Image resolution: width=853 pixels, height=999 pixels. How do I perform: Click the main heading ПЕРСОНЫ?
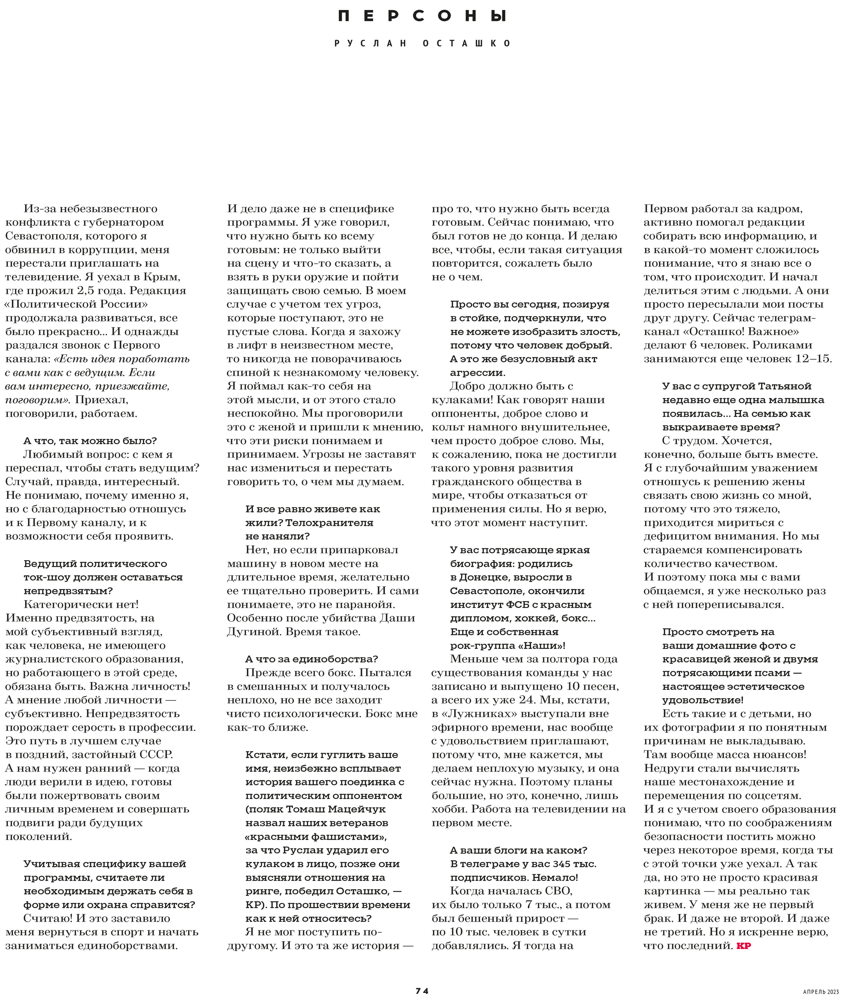(x=422, y=16)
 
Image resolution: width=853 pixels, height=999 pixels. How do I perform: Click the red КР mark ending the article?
(x=744, y=946)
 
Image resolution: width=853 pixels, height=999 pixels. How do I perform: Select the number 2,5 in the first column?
(x=87, y=291)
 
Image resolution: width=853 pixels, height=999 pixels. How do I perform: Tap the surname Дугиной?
(x=252, y=632)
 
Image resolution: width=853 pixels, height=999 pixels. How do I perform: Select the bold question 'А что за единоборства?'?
(x=311, y=659)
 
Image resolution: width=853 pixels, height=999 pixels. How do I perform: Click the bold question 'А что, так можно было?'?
(x=90, y=441)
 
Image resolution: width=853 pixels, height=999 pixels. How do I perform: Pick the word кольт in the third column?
(x=448, y=427)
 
